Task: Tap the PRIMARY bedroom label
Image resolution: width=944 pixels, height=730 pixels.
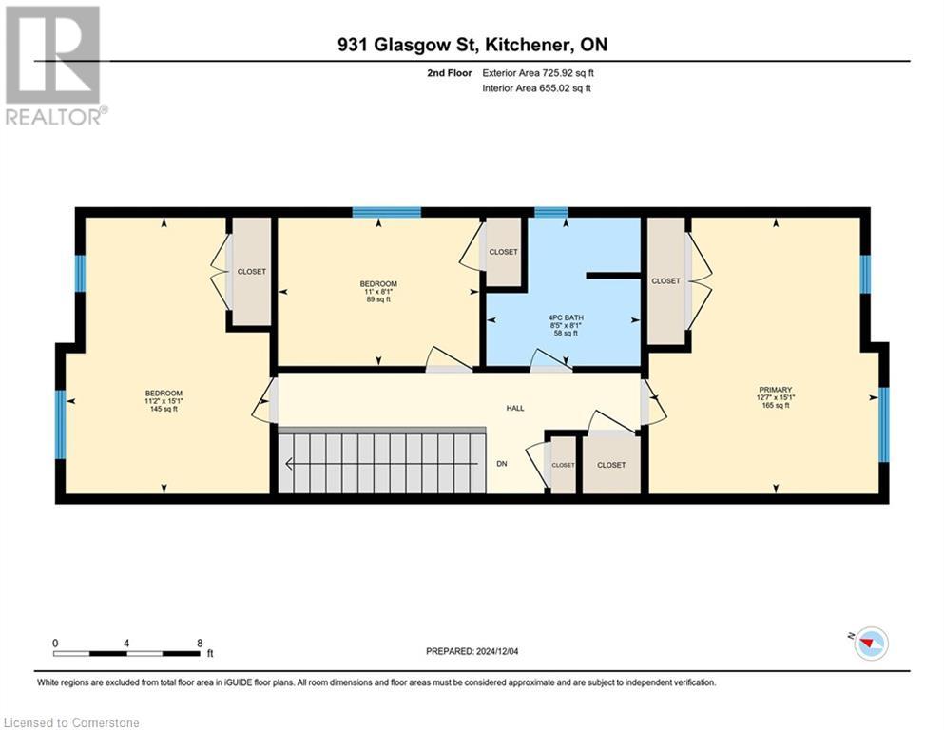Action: pyautogui.click(x=776, y=389)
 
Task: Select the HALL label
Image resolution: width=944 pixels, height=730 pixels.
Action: pyautogui.click(x=514, y=408)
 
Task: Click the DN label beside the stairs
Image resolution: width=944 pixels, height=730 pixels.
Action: pyautogui.click(x=502, y=464)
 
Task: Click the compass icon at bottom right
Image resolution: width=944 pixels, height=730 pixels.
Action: pyautogui.click(x=870, y=644)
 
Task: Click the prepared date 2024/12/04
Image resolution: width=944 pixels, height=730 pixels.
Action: pyautogui.click(x=472, y=651)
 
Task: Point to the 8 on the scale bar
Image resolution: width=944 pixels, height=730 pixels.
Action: pyautogui.click(x=199, y=643)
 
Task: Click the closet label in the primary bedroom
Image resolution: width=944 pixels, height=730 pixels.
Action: pyautogui.click(x=665, y=280)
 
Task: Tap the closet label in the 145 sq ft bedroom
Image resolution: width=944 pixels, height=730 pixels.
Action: pyautogui.click(x=252, y=271)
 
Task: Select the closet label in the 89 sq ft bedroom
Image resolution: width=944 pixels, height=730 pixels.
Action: pyautogui.click(x=503, y=252)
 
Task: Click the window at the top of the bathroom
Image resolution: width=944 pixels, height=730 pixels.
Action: pyautogui.click(x=550, y=212)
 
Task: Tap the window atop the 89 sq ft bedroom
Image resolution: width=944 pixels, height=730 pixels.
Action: pyautogui.click(x=386, y=212)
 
